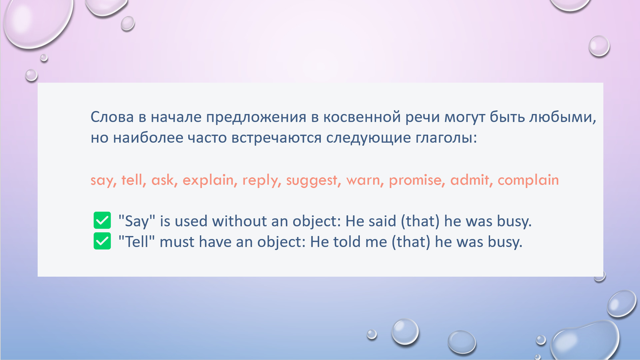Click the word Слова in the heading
pyautogui.click(x=112, y=117)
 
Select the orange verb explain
pyautogui.click(x=208, y=180)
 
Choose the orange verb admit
pyautogui.click(x=469, y=180)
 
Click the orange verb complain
pyautogui.click(x=528, y=180)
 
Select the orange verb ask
pyautogui.click(x=163, y=180)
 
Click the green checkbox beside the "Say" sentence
pyautogui.click(x=102, y=220)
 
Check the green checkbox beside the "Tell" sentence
pyautogui.click(x=102, y=241)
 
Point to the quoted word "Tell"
pyautogui.click(x=137, y=242)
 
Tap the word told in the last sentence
pyautogui.click(x=347, y=242)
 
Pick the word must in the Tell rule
pyautogui.click(x=177, y=242)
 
